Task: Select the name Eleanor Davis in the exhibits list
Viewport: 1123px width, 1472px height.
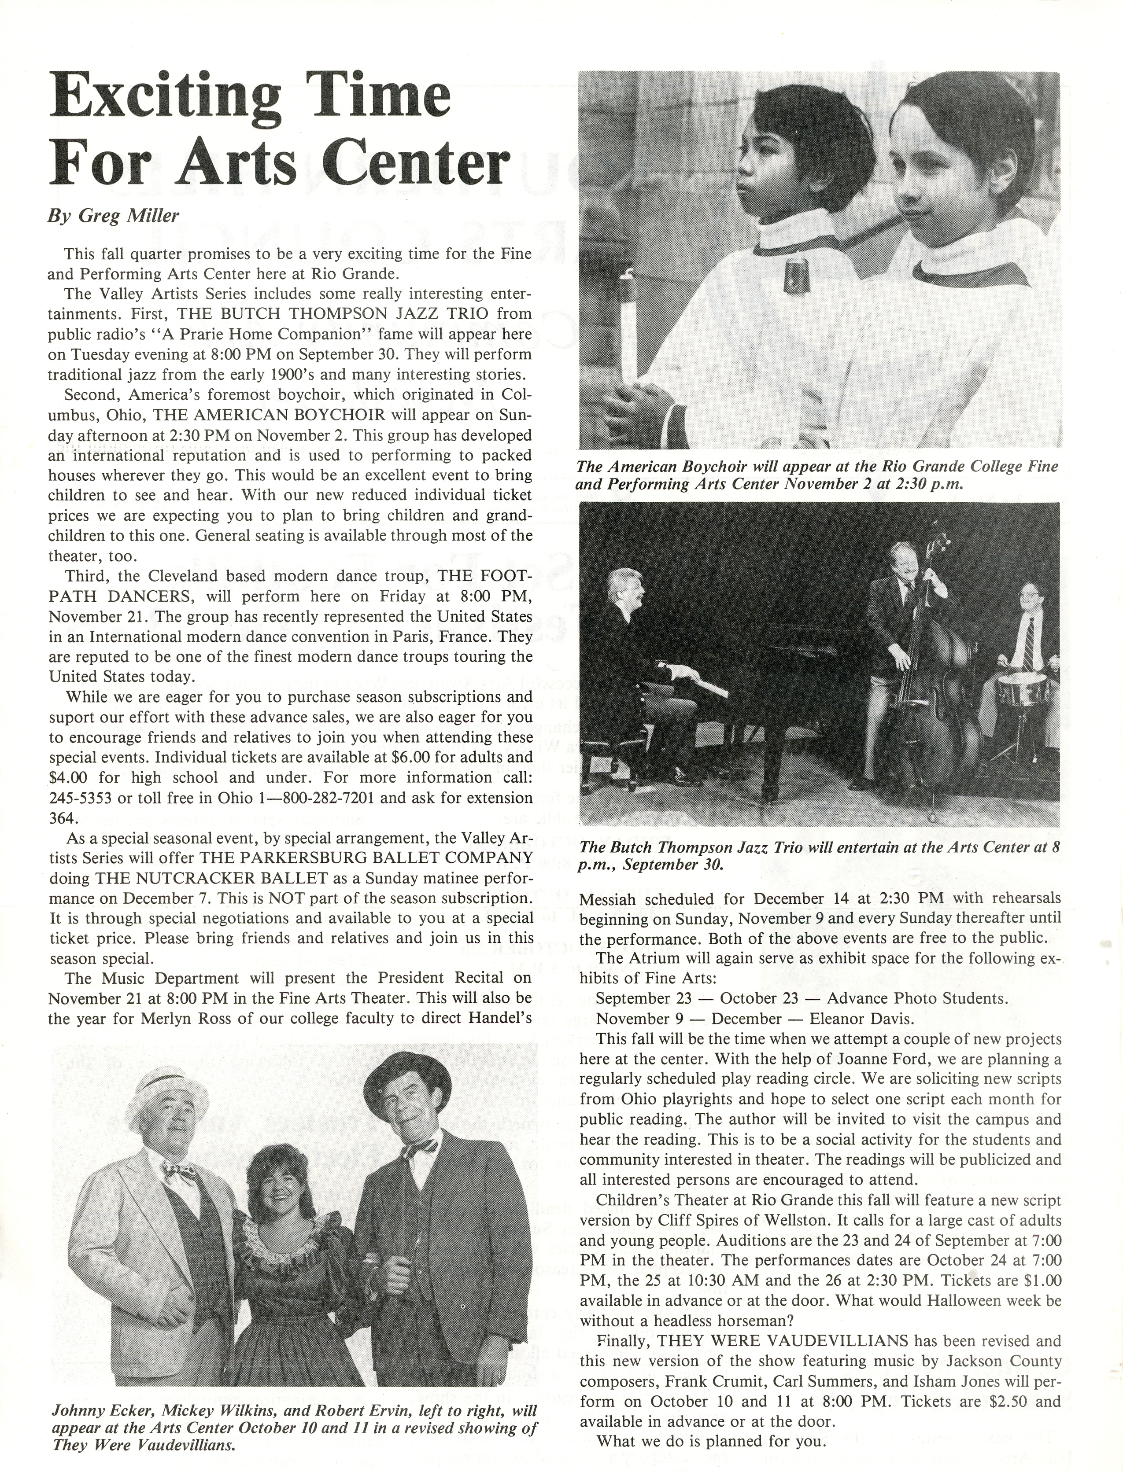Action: [860, 1019]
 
